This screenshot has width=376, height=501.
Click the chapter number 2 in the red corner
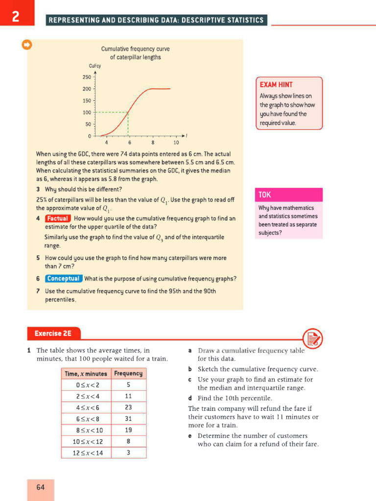pyautogui.click(x=16, y=17)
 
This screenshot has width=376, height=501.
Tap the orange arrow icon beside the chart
pyautogui.click(x=27, y=45)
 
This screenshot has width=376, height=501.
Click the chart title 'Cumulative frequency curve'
pyautogui.click(x=135, y=49)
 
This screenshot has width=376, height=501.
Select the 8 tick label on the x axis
pyautogui.click(x=153, y=143)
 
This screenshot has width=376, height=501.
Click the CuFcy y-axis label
pyautogui.click(x=94, y=66)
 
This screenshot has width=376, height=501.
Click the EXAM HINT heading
pyautogui.click(x=276, y=85)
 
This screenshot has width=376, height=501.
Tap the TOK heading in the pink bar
pyautogui.click(x=265, y=195)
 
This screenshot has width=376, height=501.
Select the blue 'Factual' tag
pyautogui.click(x=58, y=219)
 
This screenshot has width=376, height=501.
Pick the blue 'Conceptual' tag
pyautogui.click(x=64, y=279)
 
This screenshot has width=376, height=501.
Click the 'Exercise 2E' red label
pyautogui.click(x=53, y=334)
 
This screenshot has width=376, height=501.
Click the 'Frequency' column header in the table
pyautogui.click(x=128, y=373)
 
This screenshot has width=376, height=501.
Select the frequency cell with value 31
pyautogui.click(x=128, y=419)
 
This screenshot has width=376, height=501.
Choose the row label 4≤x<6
pyautogui.click(x=87, y=408)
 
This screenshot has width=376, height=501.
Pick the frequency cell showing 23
pyautogui.click(x=128, y=408)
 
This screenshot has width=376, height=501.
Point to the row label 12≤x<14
pyautogui.click(x=87, y=453)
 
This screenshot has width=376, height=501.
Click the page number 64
pyautogui.click(x=40, y=487)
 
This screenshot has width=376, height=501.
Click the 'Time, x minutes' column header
pyautogui.click(x=86, y=373)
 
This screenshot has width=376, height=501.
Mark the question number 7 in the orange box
pyautogui.click(x=38, y=291)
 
